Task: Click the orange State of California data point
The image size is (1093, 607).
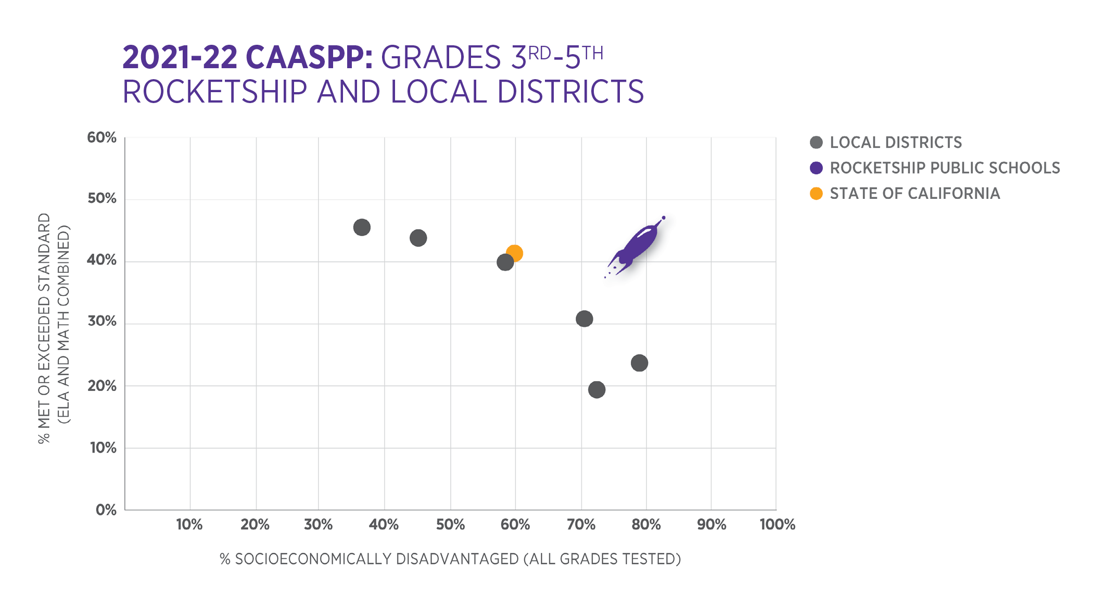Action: (514, 253)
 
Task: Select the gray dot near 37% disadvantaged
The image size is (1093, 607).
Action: (362, 227)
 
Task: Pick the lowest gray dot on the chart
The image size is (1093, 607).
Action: (596, 389)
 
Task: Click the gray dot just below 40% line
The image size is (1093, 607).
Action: (505, 262)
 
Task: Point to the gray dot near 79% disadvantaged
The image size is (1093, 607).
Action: (639, 363)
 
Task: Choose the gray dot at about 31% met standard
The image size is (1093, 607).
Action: (584, 319)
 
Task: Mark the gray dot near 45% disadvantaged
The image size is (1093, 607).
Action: (418, 238)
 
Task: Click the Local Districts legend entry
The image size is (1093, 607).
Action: (895, 143)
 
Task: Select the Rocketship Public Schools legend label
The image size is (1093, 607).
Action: (944, 168)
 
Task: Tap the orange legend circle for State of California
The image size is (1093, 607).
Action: (816, 194)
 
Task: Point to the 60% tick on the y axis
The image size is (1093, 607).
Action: (102, 137)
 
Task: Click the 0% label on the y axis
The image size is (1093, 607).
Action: (106, 510)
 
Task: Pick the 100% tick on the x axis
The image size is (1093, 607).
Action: (777, 524)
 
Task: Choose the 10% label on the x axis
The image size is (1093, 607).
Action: (189, 524)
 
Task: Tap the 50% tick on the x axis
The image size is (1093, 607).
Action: (450, 524)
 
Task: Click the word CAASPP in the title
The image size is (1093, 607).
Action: (309, 57)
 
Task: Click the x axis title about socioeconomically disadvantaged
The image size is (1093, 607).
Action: (450, 559)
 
